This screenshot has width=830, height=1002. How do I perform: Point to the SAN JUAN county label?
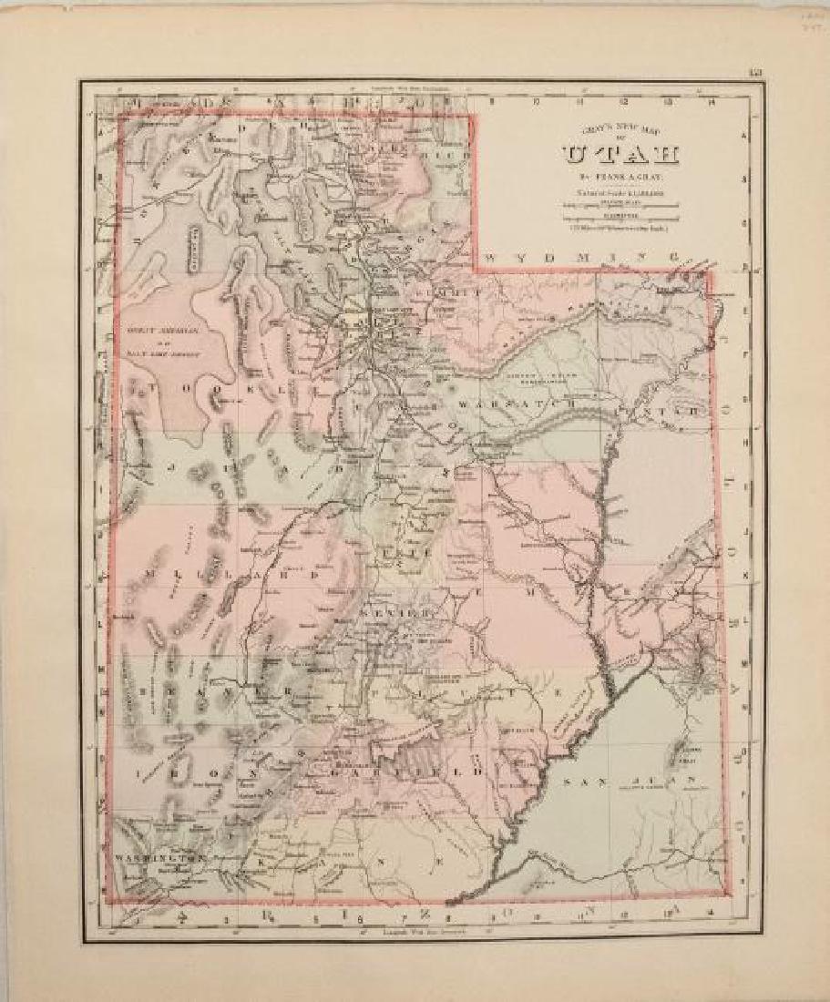click(x=629, y=782)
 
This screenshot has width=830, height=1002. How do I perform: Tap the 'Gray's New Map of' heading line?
click(x=601, y=131)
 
